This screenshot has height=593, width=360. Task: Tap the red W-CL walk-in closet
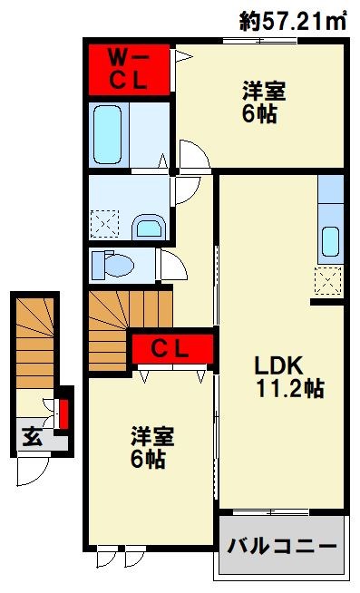129,69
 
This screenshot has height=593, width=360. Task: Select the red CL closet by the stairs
172,348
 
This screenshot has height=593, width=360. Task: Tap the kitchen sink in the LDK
331,241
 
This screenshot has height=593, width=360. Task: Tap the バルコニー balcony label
282,547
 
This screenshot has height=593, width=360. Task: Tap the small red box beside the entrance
63,413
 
